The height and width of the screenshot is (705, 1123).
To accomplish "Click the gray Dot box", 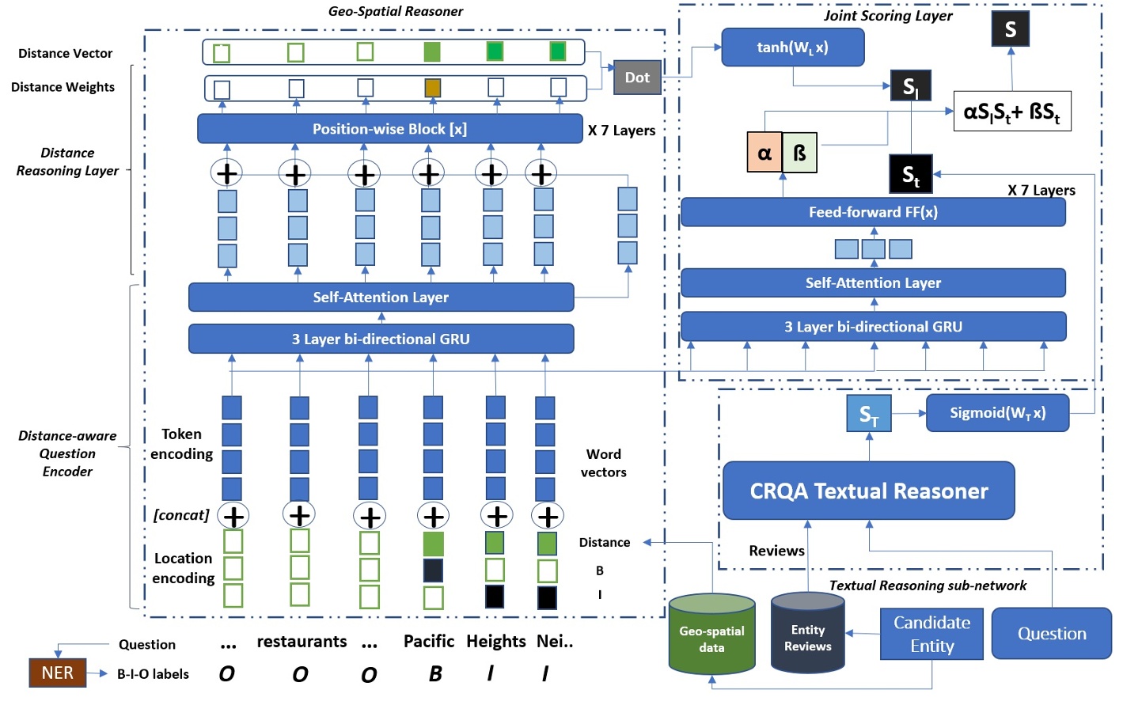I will (637, 78).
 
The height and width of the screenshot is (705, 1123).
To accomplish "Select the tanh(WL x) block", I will (792, 47).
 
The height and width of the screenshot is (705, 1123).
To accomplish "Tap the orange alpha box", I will (764, 153).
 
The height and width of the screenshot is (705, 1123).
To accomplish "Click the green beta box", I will (799, 153).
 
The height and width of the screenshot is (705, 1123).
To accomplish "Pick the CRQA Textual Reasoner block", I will (868, 491).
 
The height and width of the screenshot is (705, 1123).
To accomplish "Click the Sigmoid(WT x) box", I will (997, 413).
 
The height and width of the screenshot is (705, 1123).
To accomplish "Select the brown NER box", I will (58, 673).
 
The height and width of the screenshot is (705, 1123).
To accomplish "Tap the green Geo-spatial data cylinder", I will (711, 636).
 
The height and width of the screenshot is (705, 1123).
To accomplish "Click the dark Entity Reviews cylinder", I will (807, 635).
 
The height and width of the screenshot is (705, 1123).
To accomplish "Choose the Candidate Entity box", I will (931, 634).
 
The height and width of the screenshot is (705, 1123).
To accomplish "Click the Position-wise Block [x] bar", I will (389, 129).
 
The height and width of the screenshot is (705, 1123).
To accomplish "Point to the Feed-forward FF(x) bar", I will (873, 212).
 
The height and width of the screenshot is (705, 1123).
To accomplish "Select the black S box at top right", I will (1011, 29).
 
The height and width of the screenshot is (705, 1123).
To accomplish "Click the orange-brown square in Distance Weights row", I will (432, 88).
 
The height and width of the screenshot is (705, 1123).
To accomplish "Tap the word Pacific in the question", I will (429, 641).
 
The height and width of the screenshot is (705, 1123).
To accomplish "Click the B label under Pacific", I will (435, 674).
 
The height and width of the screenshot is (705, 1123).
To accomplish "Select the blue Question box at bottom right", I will (1051, 633).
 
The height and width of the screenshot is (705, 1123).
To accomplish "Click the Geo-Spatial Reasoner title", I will (396, 11).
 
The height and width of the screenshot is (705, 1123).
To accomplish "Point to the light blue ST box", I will (869, 414).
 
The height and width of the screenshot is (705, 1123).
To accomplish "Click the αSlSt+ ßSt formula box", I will (1011, 112).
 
